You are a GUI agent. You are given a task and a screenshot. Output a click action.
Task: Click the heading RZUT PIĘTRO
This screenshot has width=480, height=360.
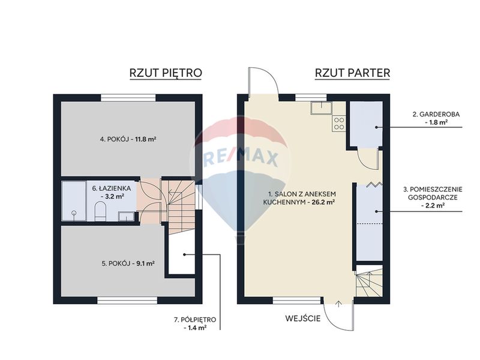pos(166,73)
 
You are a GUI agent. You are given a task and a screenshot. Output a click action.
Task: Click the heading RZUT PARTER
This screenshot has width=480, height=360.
pos(352,73)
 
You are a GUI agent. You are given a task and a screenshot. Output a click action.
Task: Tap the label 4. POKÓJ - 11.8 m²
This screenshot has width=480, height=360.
pos(128,139)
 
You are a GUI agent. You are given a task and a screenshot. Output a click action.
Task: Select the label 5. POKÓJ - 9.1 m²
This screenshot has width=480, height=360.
pos(127,263)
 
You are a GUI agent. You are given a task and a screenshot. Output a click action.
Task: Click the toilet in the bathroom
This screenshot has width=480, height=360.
pos(100,211)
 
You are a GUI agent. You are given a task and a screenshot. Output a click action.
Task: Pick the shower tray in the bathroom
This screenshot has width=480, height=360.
pos(74,201)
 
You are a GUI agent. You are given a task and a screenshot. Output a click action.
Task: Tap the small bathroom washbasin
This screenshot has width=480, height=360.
pos(126,216)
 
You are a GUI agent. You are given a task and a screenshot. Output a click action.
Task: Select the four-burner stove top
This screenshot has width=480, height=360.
pos(339,123)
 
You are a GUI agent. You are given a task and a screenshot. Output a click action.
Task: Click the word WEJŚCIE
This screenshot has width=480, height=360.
pos(303,319)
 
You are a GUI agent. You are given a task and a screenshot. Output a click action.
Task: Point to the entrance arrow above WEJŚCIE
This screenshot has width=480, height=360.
pos(338,304)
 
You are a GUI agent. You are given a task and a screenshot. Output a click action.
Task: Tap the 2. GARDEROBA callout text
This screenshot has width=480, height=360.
pos(436,118)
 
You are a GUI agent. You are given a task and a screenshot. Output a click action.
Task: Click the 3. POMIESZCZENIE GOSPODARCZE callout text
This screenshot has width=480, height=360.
pos(433,197)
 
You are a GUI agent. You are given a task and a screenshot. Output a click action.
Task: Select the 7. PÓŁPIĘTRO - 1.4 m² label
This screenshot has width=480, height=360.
pos(195,323)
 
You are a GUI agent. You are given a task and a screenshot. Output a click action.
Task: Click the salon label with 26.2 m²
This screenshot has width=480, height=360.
pos(302,198)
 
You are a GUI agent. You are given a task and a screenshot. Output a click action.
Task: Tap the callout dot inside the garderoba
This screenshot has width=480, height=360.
pos(376,127)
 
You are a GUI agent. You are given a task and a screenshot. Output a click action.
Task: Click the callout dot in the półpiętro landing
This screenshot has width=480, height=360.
pos(185,254)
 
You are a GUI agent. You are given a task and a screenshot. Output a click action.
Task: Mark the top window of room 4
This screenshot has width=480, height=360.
pos(128,98)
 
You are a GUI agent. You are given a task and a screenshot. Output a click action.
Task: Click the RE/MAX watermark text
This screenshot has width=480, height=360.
pos(241,158)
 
